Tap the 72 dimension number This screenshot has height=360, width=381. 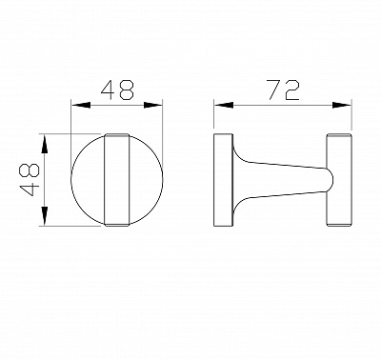tap(283, 91)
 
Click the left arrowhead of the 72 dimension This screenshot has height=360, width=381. tap(217, 106)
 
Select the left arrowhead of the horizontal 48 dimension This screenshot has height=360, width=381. tap(76, 106)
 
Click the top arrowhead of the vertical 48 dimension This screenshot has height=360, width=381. tap(44, 138)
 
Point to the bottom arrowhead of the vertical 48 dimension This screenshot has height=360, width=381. tap(44, 223)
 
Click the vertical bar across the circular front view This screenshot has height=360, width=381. tap(119, 180)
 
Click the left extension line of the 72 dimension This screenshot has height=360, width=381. tap(213, 119)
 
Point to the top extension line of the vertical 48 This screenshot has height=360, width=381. tap(76, 134)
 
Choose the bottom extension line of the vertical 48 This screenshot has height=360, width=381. tap(76, 227)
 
